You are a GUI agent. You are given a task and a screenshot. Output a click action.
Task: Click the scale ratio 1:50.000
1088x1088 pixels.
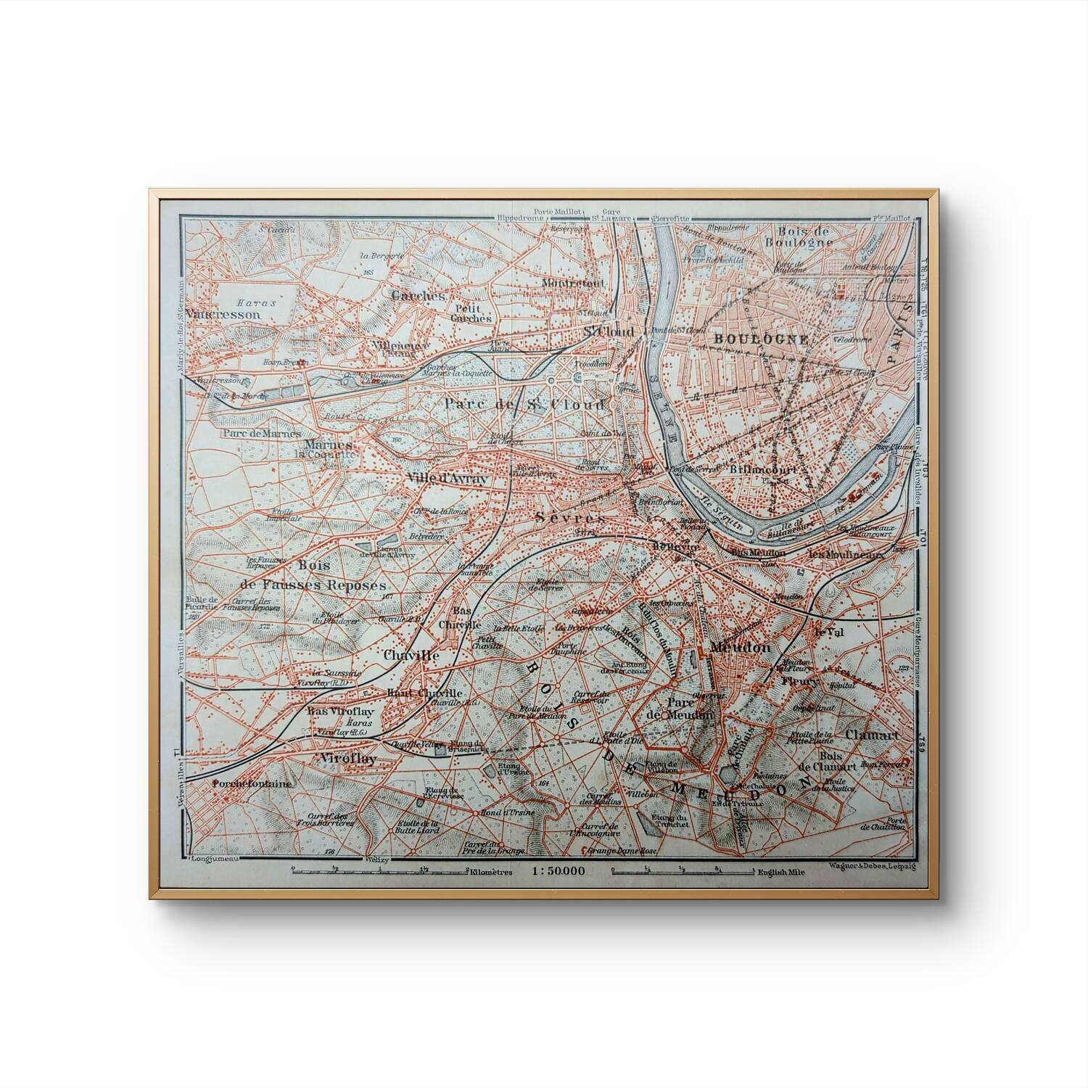[x=556, y=871]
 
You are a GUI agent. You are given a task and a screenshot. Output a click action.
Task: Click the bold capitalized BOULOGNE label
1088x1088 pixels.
[x=750, y=339]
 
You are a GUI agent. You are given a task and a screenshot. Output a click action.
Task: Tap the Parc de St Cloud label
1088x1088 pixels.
[x=524, y=404]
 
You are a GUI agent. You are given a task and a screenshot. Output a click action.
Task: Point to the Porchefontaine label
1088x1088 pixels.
[x=252, y=784]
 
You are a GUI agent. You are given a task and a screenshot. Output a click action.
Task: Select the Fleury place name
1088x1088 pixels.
[x=799, y=682]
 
